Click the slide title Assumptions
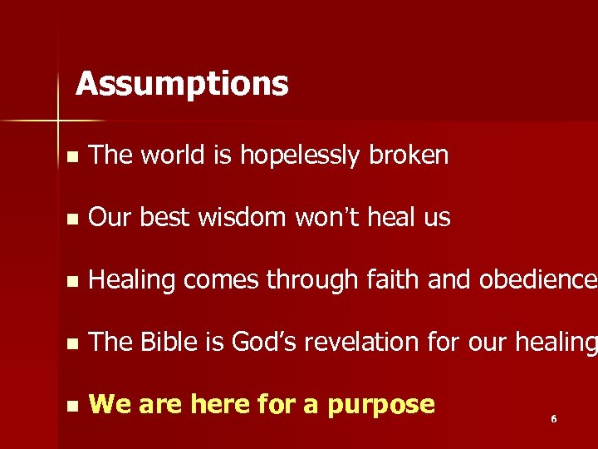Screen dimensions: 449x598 tap(182, 84)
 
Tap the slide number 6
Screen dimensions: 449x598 tap(554, 419)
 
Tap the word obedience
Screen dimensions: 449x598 tap(537, 280)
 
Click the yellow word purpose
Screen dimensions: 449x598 tap(380, 405)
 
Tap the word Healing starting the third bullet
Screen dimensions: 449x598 tap(132, 281)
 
